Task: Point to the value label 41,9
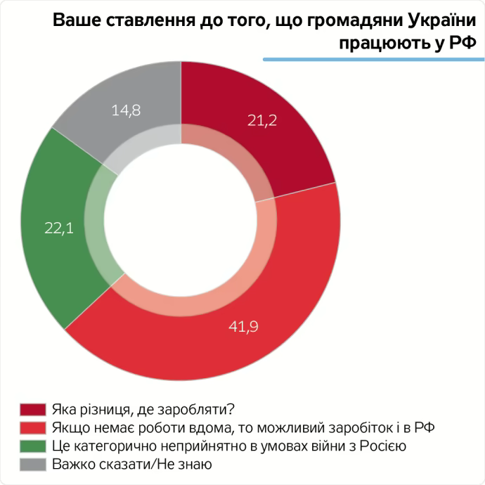[x=245, y=326]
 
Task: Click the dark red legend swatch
[x=32, y=409]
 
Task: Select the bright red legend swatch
[x=32, y=427]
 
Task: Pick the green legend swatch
[x=32, y=446]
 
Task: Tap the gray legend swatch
[x=32, y=464]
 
